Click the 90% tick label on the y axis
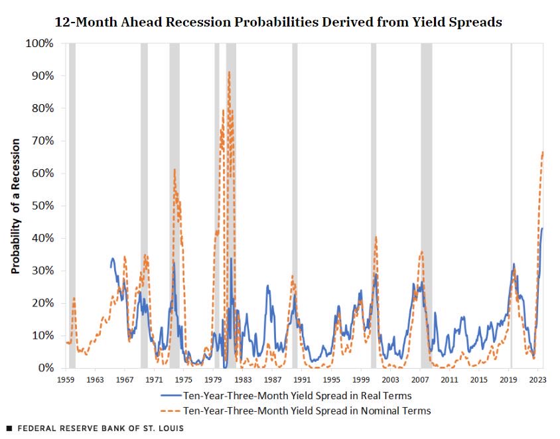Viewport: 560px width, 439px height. [42, 76]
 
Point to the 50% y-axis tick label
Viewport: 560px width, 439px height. [42, 206]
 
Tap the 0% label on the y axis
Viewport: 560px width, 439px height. [46, 368]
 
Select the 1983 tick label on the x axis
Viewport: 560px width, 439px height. [243, 379]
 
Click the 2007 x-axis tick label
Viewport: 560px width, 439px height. [420, 379]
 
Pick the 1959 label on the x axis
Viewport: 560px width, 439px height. [66, 379]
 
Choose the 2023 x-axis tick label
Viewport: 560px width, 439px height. [537, 379]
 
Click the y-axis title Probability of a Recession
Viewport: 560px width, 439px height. [15, 206]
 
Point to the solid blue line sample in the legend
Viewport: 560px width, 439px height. [171, 395]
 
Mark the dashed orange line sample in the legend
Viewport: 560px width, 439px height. [171, 410]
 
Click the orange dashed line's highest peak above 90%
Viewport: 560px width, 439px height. [229, 72]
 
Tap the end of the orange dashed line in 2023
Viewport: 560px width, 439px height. [543, 152]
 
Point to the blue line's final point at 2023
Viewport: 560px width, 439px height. [542, 228]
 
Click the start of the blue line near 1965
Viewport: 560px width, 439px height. [111, 267]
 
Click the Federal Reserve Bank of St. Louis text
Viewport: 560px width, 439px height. [101, 428]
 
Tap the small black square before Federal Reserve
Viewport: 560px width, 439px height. [9, 428]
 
